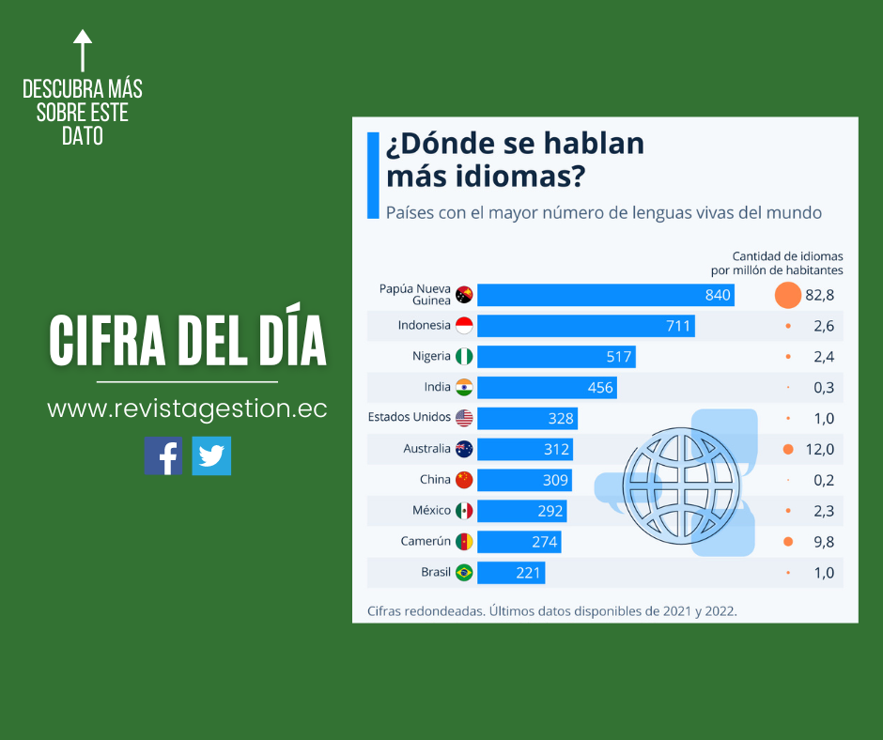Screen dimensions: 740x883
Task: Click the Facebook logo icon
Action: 163,455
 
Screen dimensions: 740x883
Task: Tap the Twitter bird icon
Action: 211,455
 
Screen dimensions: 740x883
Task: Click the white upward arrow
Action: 83,50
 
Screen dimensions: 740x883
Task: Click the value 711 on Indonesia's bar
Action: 677,326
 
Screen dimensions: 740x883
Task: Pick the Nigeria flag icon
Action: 464,357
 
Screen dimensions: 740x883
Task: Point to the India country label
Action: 438,387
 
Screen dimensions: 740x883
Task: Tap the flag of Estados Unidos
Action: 464,418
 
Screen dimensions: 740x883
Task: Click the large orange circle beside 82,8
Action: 787,295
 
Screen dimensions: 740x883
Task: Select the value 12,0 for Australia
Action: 819,449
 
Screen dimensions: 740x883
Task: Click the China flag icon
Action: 464,480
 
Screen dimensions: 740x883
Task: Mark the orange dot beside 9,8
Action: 788,541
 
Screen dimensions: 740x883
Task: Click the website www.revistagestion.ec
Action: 187,409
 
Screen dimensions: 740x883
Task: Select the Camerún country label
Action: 425,541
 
